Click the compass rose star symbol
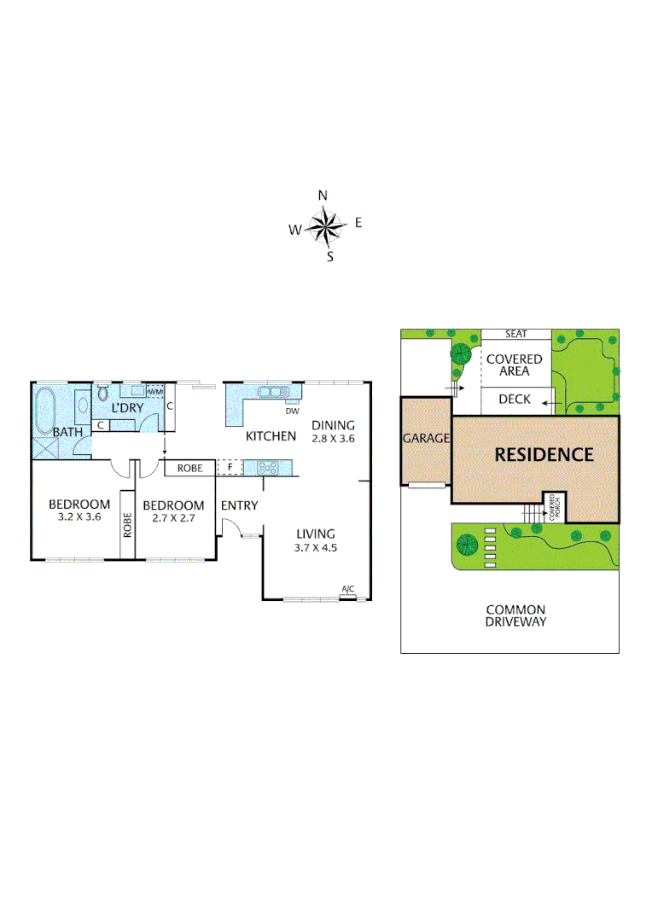(x=324, y=227)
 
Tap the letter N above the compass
(x=323, y=195)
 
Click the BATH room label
(x=67, y=432)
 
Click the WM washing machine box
(x=155, y=392)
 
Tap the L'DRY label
(x=126, y=408)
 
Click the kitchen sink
(x=273, y=393)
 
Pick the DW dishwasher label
(x=292, y=411)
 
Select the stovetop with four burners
(x=267, y=467)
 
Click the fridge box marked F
(x=230, y=468)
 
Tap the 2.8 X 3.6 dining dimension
(x=333, y=438)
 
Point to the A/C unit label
(x=347, y=590)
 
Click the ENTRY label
(x=239, y=505)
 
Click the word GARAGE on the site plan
(x=426, y=438)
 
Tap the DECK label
(x=515, y=399)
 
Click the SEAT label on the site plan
(x=515, y=334)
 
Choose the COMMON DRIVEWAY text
(x=515, y=616)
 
